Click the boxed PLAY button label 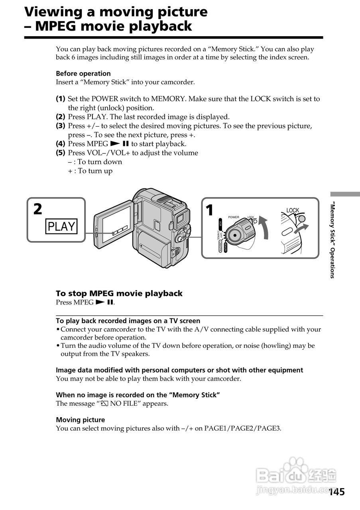pyautogui.click(x=61, y=226)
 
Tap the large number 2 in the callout pyautogui.click(x=37, y=209)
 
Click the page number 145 pyautogui.click(x=337, y=492)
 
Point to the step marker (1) pyautogui.click(x=60, y=99)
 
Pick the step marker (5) pyautogui.click(x=60, y=153)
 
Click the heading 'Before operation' pyautogui.click(x=83, y=73)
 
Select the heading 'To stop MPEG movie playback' pyautogui.click(x=119, y=293)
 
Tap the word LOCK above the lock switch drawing pyautogui.click(x=293, y=210)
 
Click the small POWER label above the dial pyautogui.click(x=234, y=217)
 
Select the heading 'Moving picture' pyautogui.click(x=80, y=420)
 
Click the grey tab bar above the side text pyautogui.click(x=345, y=194)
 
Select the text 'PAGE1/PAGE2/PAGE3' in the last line pyautogui.click(x=243, y=428)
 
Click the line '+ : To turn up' pyautogui.click(x=90, y=171)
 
